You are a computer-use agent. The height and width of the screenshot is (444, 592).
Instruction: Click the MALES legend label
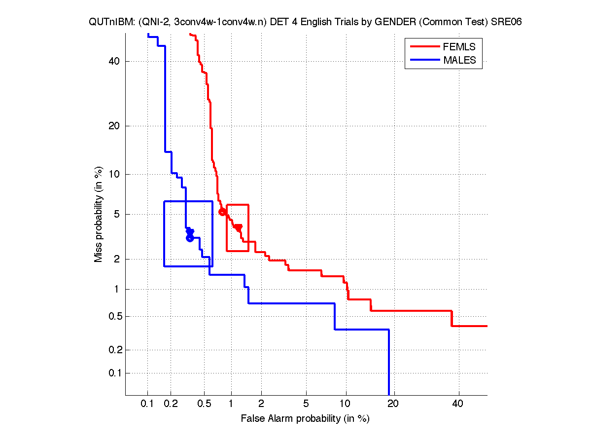[x=460, y=60]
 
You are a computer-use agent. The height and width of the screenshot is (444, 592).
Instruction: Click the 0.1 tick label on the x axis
[x=147, y=404]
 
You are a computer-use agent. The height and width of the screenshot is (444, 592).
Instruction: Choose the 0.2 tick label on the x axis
[x=171, y=404]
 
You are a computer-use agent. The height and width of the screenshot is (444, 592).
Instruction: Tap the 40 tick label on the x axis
[x=458, y=404]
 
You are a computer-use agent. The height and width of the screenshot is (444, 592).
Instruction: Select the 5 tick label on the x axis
[x=306, y=404]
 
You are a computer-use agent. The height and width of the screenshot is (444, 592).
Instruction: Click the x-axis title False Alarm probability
[x=305, y=419]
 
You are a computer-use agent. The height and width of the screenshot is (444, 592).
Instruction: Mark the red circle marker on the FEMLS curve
[x=222, y=212]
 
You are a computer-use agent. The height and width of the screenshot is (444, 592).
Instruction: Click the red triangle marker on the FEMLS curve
[x=239, y=227]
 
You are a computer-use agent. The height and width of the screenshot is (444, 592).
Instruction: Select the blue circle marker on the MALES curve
[x=190, y=238]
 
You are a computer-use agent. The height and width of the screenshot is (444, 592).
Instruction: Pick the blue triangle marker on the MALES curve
[x=190, y=232]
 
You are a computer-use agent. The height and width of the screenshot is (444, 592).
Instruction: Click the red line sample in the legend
[x=424, y=47]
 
